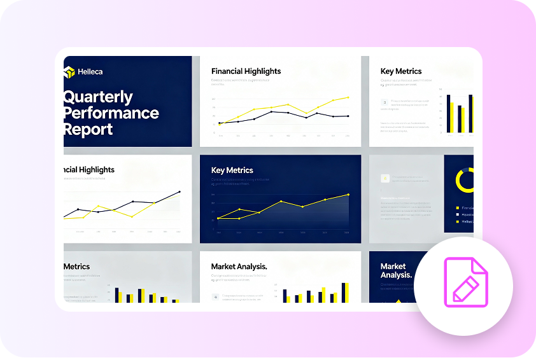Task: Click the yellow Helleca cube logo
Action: (69, 72)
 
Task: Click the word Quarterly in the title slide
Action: (98, 97)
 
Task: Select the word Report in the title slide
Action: (88, 130)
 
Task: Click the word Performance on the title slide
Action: (111, 113)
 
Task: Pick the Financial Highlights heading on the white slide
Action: (246, 71)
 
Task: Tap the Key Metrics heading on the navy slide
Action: (232, 170)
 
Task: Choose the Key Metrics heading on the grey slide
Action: (401, 71)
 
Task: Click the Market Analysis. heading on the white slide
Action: (239, 267)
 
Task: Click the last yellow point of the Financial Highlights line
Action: (348, 97)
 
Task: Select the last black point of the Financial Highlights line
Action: (348, 116)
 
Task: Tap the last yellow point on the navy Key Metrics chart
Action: (348, 195)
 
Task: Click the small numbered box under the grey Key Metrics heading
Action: (384, 102)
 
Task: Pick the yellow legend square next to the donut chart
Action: (457, 208)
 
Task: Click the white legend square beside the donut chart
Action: (457, 214)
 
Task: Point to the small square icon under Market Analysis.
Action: (216, 296)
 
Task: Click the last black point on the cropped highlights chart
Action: (180, 191)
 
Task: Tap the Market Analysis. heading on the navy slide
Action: (395, 270)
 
